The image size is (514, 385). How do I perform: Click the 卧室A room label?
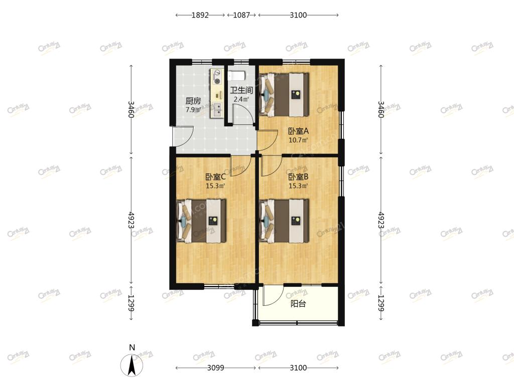click(x=298, y=131)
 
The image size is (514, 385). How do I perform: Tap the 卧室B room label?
click(x=298, y=177)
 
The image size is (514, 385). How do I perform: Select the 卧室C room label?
click(x=215, y=177)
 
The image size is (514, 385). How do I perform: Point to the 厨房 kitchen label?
click(x=193, y=101)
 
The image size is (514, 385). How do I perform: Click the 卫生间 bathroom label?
click(x=241, y=90)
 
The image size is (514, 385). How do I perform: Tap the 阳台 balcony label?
click(x=298, y=304)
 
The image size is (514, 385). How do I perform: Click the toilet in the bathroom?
click(x=236, y=76)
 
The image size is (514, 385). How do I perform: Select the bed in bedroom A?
click(x=284, y=95)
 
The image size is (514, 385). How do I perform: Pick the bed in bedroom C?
click(x=201, y=221)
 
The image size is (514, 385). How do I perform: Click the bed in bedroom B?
click(x=284, y=221)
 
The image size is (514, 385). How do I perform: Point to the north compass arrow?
click(x=132, y=365)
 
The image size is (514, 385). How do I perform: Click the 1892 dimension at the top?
click(x=200, y=15)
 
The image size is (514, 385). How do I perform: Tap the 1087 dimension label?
click(x=241, y=15)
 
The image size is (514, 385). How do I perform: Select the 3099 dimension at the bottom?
click(x=216, y=368)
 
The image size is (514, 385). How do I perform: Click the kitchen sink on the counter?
click(x=217, y=110)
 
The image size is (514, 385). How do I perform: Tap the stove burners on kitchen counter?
click(x=217, y=77)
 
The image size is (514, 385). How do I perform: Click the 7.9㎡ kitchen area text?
click(x=193, y=110)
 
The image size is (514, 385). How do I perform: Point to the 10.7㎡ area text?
click(x=298, y=140)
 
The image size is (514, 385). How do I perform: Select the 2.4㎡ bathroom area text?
click(x=241, y=99)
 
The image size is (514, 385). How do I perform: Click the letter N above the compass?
click(x=132, y=348)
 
